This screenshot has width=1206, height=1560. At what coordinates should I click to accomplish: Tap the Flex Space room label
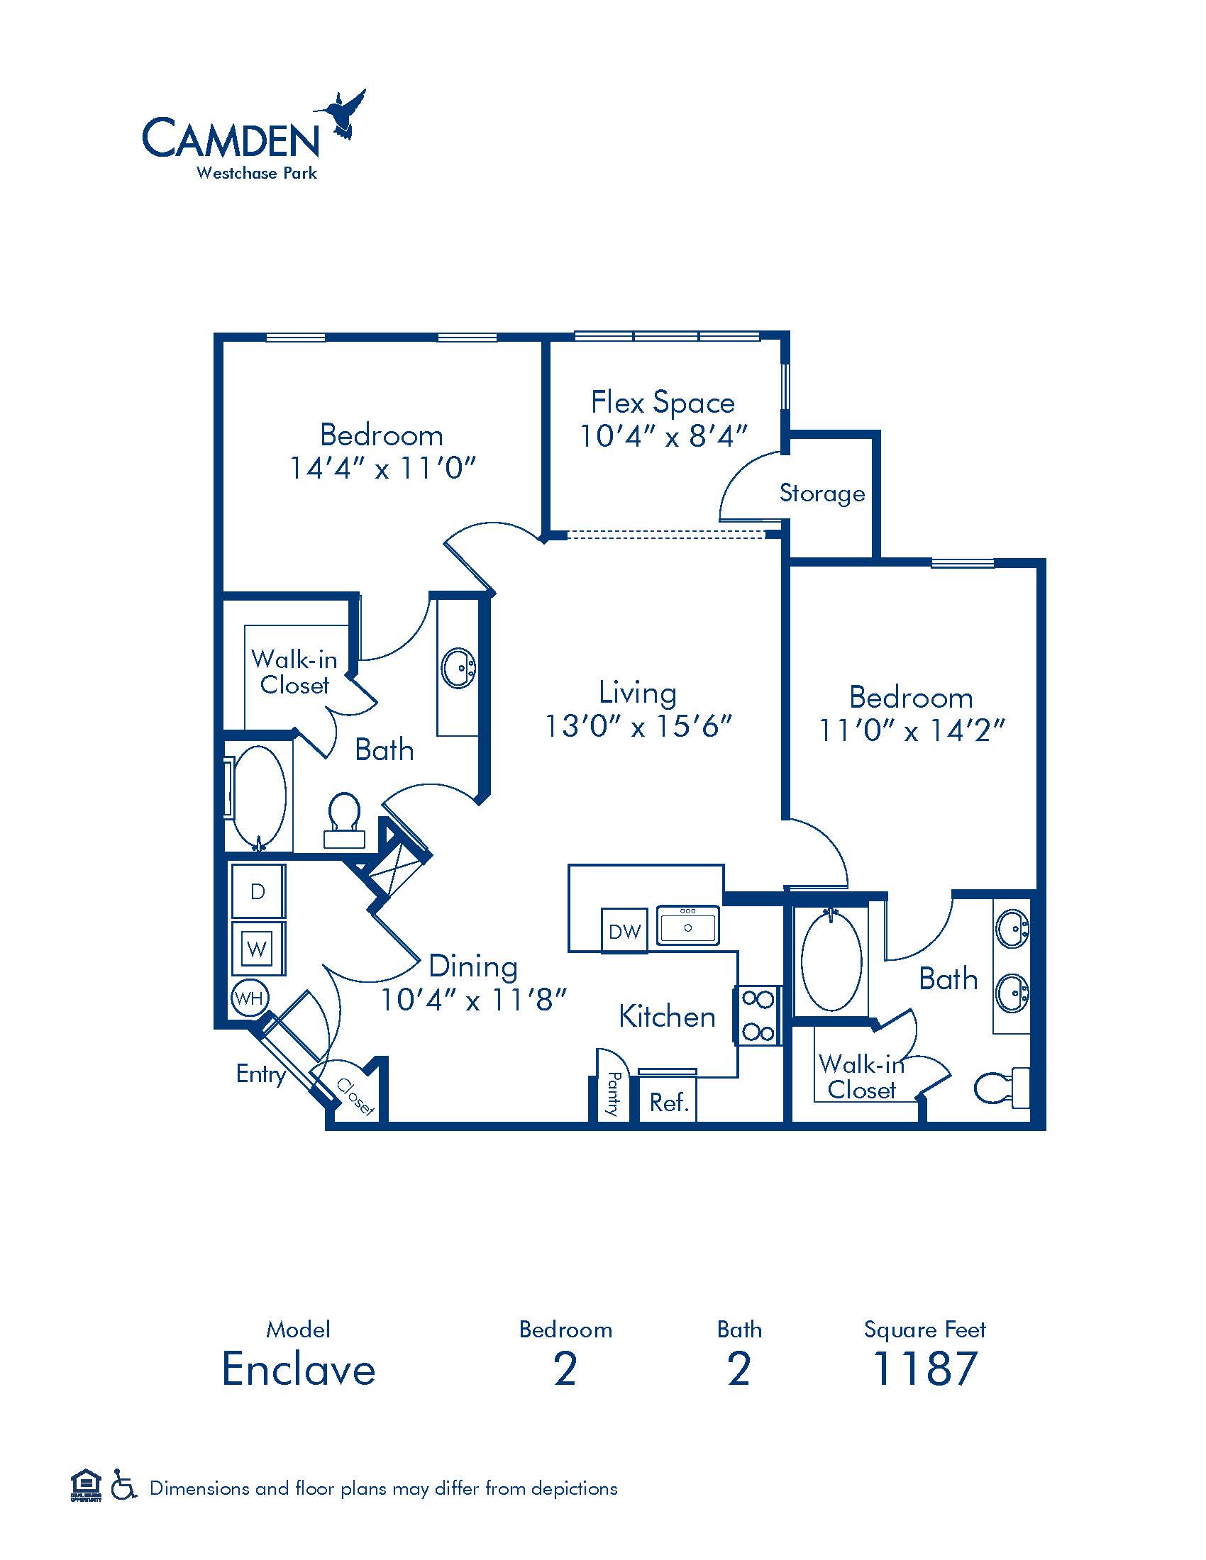(663, 403)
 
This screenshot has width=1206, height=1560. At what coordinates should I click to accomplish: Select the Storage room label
(821, 494)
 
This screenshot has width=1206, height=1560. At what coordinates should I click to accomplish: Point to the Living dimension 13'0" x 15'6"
(638, 726)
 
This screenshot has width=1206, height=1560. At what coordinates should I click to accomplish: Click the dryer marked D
(258, 891)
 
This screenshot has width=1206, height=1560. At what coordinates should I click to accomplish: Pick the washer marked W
(258, 948)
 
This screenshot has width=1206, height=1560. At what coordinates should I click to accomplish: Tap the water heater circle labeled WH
(249, 997)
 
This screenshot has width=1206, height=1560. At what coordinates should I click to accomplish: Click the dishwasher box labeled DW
(624, 931)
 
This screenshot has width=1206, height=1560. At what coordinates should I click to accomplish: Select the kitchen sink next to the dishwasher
(688, 925)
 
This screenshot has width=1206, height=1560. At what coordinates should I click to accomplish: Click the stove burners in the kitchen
(758, 1015)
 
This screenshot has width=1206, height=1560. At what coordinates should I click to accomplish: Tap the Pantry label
(613, 1093)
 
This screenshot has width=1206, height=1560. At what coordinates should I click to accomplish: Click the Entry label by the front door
(261, 1074)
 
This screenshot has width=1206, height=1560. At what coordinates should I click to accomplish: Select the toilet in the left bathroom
(345, 820)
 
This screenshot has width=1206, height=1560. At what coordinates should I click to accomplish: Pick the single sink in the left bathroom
(458, 669)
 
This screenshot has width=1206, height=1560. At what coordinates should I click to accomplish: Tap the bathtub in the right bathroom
(831, 959)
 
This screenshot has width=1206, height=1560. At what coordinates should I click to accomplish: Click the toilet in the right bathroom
(1002, 1088)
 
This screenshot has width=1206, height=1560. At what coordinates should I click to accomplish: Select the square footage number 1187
(924, 1369)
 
